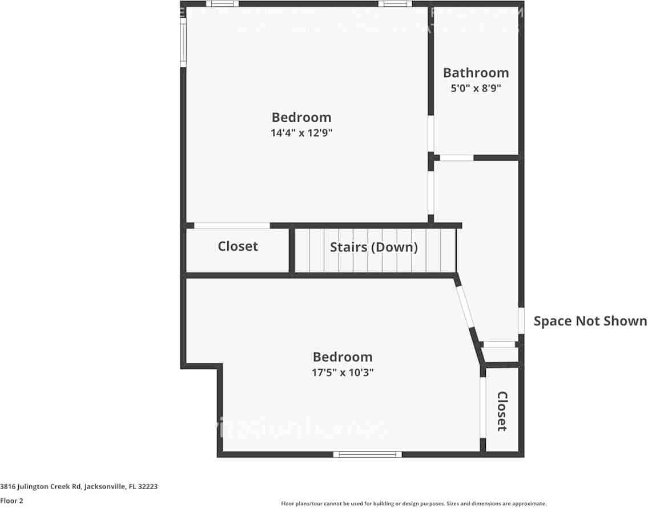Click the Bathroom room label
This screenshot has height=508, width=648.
click(476, 73)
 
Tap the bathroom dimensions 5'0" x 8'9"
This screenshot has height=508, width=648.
click(476, 89)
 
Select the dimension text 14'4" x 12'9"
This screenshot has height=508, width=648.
click(301, 133)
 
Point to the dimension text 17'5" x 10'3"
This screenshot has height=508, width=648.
click(343, 373)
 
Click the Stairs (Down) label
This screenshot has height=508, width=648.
click(374, 247)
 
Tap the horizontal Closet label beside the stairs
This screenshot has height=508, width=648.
click(238, 246)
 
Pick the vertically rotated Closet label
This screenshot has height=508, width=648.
click(502, 411)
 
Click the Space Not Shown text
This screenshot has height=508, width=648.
click(590, 321)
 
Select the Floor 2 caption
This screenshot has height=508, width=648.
click(11, 501)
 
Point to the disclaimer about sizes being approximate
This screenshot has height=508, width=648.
click(413, 503)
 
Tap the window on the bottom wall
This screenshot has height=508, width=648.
click(367, 454)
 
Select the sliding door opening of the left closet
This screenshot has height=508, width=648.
click(232, 226)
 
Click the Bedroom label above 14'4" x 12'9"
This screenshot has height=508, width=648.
click(301, 117)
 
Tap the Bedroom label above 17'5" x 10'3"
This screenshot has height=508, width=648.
click(343, 357)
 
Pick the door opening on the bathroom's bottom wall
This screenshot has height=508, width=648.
click(457, 158)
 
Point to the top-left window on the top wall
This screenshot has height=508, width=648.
click(222, 4)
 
